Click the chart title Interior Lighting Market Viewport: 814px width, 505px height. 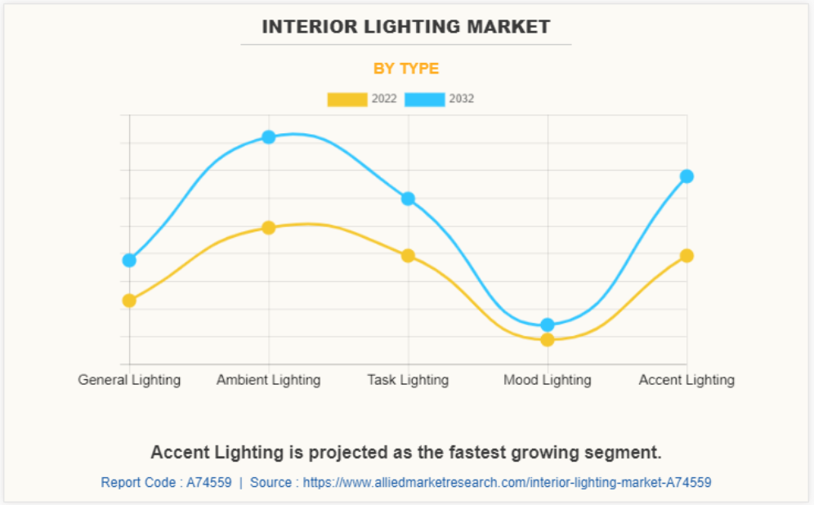[x=406, y=27]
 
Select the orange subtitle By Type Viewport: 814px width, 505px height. [x=406, y=69]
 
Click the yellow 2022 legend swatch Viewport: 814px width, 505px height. [x=347, y=100]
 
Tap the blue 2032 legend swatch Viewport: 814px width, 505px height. [x=425, y=100]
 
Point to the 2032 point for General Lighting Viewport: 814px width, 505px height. [x=129, y=260]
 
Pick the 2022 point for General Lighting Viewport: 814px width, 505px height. [x=129, y=300]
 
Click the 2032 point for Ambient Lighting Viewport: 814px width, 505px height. [x=269, y=136]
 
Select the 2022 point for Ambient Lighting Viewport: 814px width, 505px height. [x=269, y=227]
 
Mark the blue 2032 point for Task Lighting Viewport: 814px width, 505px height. [x=408, y=199]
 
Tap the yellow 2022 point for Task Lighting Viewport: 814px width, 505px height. [x=408, y=255]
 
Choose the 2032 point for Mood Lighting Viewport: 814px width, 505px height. [x=548, y=324]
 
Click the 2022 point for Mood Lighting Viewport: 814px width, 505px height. [x=548, y=339]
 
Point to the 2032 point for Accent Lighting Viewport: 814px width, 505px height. [x=687, y=176]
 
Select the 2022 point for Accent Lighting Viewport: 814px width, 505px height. [x=687, y=255]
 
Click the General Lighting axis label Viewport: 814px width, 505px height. [x=129, y=380]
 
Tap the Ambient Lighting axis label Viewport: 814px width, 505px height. [x=269, y=380]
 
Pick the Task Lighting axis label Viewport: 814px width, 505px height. [x=408, y=380]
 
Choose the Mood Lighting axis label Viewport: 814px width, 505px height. [x=548, y=380]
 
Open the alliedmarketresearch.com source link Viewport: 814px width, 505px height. [x=507, y=482]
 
